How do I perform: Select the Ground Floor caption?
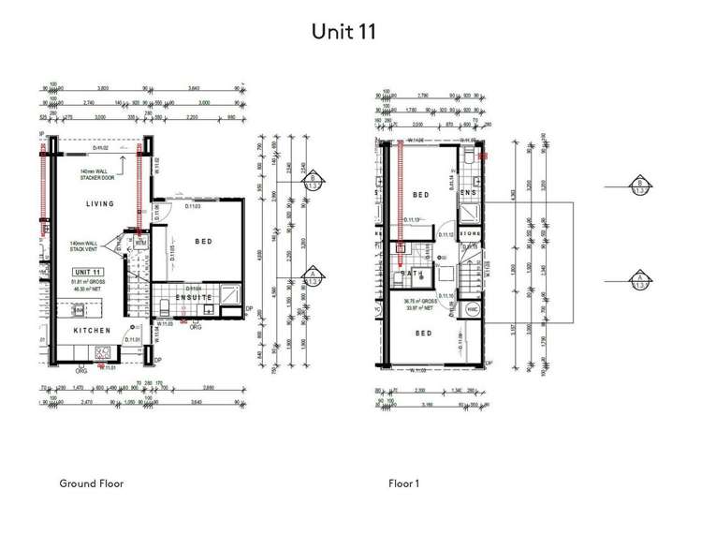pos(91,483)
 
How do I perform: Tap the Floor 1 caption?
pos(404,483)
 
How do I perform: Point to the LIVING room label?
pos(99,203)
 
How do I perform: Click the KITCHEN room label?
pos(94,331)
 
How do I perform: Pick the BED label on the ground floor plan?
pos(203,242)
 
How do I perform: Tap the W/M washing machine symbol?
pos(141,242)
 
